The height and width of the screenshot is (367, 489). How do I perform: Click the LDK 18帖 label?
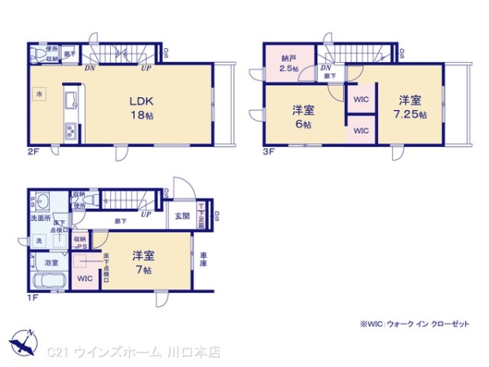pyautogui.click(x=139, y=108)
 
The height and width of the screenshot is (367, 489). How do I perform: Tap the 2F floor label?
pyautogui.click(x=33, y=152)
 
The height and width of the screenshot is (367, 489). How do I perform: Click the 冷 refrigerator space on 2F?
pyautogui.click(x=38, y=95)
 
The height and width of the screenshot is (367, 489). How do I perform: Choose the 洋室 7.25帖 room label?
pyautogui.click(x=410, y=105)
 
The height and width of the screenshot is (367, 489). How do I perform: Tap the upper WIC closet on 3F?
pyautogui.click(x=361, y=99)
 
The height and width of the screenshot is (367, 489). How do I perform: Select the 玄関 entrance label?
pyautogui.click(x=182, y=216)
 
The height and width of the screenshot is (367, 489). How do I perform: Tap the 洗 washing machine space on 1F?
pyautogui.click(x=38, y=241)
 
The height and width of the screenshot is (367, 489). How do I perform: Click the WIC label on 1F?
pyautogui.click(x=85, y=278)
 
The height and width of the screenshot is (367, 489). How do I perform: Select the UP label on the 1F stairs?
pyautogui.click(x=145, y=215)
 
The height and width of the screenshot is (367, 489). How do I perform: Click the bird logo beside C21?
pyautogui.click(x=22, y=342)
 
